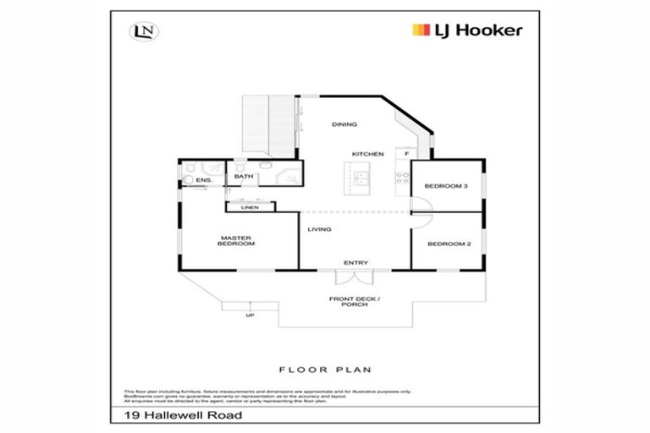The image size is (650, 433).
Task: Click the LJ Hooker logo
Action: [467, 30]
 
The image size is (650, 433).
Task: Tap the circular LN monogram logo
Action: [141, 32]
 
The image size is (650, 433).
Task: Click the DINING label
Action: [345, 124]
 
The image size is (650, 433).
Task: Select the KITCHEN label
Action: [369, 154]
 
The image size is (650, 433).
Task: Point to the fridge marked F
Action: [408, 154]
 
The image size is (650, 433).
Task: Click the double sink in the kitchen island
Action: [361, 178]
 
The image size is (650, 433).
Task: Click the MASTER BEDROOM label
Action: [237, 241]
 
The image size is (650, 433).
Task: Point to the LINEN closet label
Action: [249, 206]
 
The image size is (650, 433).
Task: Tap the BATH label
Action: [245, 177]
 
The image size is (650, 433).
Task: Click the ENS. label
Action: [203, 180]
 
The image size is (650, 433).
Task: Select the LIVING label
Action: [319, 229]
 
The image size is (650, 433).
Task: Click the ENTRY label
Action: [355, 262]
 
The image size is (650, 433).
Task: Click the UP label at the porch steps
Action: [250, 315]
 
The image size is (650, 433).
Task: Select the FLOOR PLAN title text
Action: [325, 370]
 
